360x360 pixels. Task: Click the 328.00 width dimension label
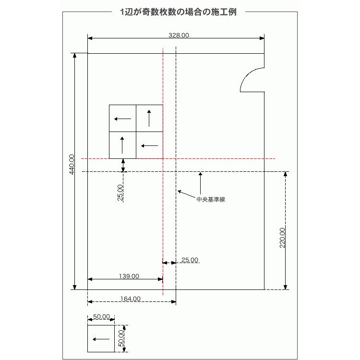pos(179,35)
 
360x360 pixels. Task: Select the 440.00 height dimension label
pos(72,164)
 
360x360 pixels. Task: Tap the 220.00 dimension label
pos(282,238)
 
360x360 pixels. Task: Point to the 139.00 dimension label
pos(129,276)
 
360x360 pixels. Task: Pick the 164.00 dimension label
pos(130,299)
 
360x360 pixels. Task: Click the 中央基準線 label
pos(211,199)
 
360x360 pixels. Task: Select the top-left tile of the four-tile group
pos(122,118)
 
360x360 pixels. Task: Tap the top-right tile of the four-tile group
pos(149,118)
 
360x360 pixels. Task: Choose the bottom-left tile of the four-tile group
pos(122,145)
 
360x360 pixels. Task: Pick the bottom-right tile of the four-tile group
pos(149,145)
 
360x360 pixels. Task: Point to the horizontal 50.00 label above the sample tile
pos(101,317)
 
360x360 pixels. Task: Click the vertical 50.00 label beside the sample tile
pos(121,337)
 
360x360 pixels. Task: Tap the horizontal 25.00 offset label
pos(190,260)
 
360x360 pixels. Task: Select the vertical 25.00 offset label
pos(120,192)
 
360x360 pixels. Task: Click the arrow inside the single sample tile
pos(101,339)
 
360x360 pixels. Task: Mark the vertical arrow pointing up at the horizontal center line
pos(200,182)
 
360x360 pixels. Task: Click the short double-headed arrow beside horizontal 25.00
pos(169,263)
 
